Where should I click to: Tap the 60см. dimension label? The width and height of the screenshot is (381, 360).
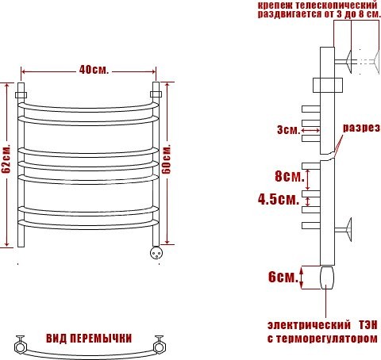click(167, 159)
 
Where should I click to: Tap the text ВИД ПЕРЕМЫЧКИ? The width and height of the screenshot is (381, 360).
click(89, 339)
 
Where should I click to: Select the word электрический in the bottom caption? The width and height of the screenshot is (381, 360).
click(309, 325)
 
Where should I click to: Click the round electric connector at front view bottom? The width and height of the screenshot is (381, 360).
click(156, 253)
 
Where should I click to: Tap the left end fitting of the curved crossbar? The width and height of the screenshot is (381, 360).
click(20, 344)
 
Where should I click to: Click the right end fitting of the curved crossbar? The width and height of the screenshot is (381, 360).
click(160, 344)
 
